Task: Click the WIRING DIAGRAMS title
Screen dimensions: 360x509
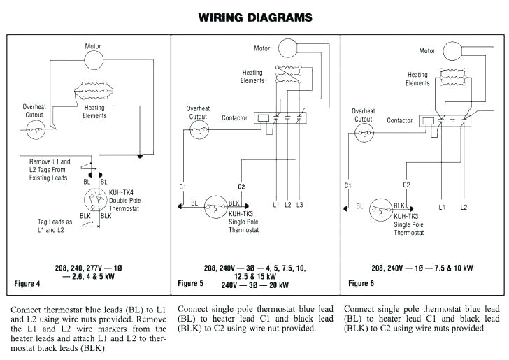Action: pos(255,16)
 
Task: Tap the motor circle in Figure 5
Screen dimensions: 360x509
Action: pos(287,48)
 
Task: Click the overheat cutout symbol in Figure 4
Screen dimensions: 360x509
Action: pos(35,129)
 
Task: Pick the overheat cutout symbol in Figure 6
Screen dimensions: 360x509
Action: pos(364,133)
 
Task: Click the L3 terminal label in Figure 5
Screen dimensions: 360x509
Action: pos(299,205)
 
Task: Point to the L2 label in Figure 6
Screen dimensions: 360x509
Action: pos(463,208)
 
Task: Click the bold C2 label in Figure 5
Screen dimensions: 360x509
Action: pos(241,187)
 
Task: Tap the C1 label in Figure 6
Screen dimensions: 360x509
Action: pos(347,185)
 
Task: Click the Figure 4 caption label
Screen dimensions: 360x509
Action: pos(29,283)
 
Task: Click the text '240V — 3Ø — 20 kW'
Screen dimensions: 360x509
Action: pos(254,285)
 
